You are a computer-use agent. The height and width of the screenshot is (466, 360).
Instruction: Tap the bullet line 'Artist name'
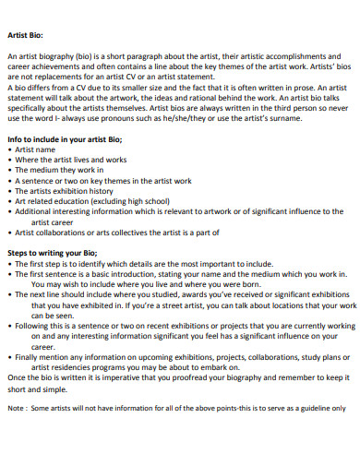(x=38, y=149)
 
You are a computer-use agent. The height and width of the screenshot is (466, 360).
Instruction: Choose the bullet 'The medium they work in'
(x=58, y=170)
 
